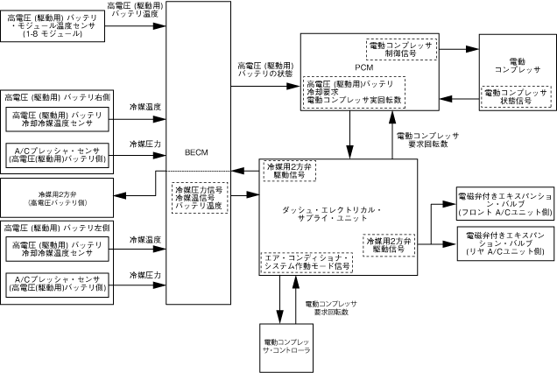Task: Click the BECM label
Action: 195,151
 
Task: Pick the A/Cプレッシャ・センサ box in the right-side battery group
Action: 58,152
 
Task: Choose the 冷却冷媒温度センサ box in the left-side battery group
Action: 58,246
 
